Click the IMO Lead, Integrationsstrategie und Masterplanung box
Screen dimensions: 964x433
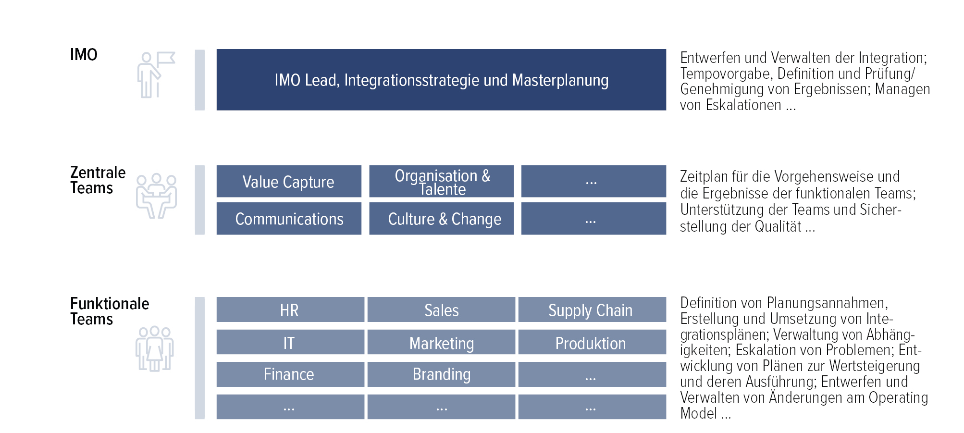441,80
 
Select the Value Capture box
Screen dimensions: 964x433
289,181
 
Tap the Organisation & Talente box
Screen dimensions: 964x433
441,181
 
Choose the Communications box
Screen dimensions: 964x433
289,219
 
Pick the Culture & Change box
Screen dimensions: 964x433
441,219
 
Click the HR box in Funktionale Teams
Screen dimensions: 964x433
290,309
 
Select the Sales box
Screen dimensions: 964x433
441,309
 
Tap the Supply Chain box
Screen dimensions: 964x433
592,309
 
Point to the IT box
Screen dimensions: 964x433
290,342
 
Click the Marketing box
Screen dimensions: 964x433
441,342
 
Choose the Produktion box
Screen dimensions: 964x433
592,342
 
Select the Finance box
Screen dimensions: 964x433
290,374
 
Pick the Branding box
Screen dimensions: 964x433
441,374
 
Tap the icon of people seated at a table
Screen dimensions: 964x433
156,196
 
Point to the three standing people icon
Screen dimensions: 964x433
154,349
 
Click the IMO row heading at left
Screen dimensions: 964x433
84,55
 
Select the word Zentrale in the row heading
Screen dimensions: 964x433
98,172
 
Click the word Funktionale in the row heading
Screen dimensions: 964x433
110,303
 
